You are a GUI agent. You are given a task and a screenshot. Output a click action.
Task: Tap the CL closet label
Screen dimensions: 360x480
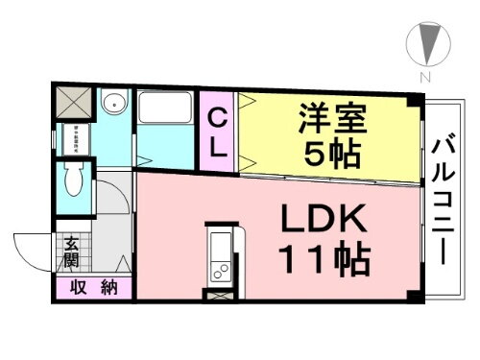coord(218,133)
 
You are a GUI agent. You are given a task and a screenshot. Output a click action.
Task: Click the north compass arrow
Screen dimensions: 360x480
coord(424,44)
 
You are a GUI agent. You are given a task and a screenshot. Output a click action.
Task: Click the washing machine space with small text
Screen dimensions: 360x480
coord(73,140)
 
